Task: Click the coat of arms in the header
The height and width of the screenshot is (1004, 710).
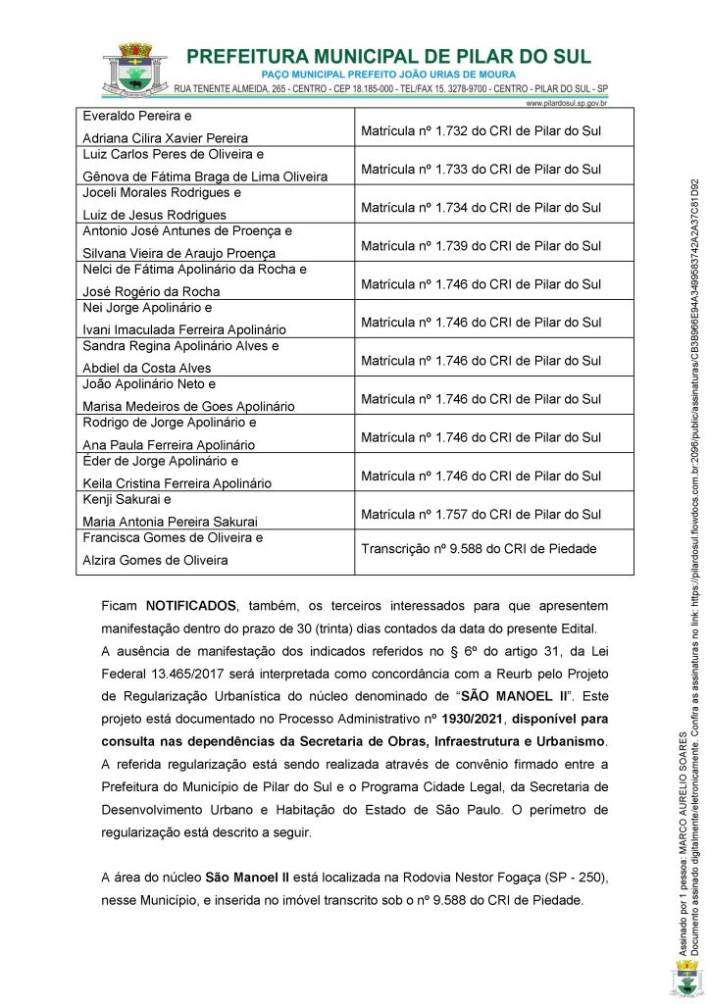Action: tap(134, 71)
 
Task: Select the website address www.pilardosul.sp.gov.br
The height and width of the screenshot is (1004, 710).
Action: tap(567, 102)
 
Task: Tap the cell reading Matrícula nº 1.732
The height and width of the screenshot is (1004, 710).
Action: tap(481, 131)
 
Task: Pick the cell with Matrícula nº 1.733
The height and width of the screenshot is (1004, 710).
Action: tap(481, 170)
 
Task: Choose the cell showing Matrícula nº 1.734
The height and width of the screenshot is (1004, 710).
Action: tap(481, 208)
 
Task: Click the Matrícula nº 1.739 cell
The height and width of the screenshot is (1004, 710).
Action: tap(481, 246)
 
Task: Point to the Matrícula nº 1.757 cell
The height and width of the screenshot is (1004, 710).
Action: tap(481, 514)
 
